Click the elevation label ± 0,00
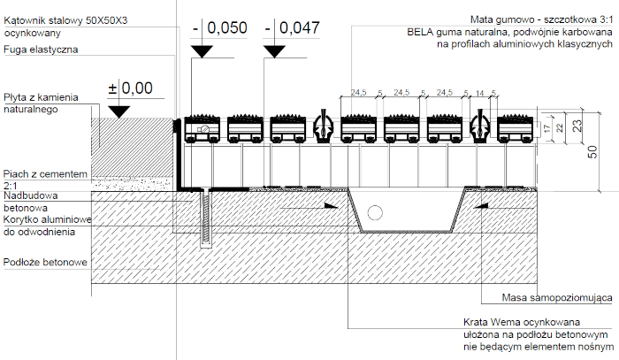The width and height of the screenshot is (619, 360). click(129, 88)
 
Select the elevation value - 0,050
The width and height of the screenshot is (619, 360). click(219, 29)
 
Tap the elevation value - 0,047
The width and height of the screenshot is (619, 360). click(292, 29)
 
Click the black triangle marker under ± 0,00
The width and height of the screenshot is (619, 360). click(118, 110)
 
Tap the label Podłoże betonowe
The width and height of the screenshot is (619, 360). click(45, 263)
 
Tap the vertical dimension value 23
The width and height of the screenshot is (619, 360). click(577, 126)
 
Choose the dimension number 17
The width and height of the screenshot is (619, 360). click(548, 129)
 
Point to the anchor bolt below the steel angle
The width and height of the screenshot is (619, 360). click(207, 217)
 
